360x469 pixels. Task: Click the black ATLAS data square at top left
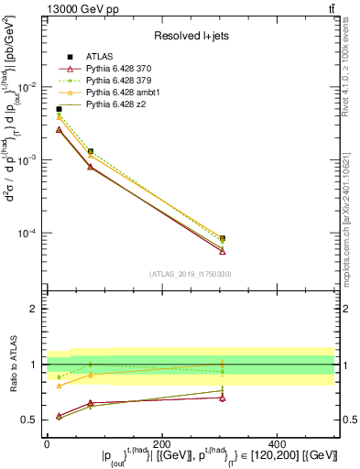(x=59, y=109)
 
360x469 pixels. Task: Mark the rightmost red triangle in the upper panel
(x=223, y=251)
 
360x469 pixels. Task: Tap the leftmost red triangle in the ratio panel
(x=59, y=416)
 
